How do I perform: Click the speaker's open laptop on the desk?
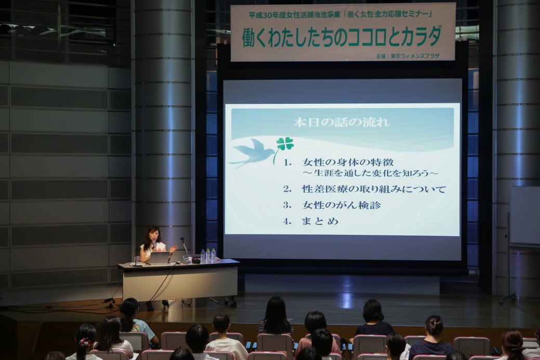click(x=160, y=257)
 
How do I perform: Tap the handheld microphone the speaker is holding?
click(x=154, y=246)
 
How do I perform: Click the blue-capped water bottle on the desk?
click(x=207, y=255)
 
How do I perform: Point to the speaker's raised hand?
click(x=173, y=249)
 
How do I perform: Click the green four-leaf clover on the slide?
click(x=284, y=144)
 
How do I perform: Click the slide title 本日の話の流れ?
click(x=341, y=123)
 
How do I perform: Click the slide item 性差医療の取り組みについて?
click(x=374, y=189)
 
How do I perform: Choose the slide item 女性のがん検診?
click(x=341, y=205)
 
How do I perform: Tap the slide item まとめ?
click(x=320, y=221)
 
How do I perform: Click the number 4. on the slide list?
click(x=287, y=221)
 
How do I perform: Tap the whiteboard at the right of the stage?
click(x=524, y=216)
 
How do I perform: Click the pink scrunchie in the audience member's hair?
click(x=84, y=342)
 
